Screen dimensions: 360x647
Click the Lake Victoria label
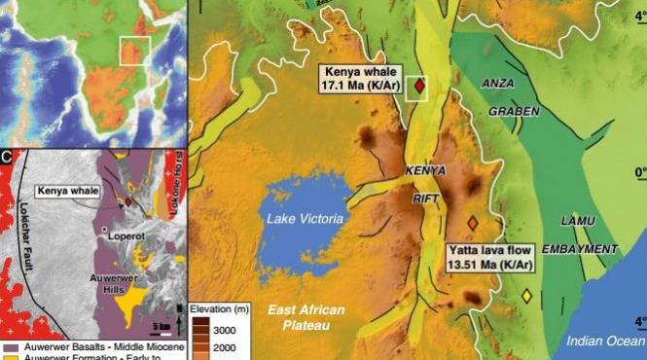coord(306,220)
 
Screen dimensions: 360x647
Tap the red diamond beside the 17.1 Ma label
coord(419,87)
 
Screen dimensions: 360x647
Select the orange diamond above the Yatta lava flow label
coord(473,223)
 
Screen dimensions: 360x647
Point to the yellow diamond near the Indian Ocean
coord(526,296)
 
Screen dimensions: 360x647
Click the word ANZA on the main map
coord(497,84)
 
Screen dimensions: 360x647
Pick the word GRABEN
coord(513,111)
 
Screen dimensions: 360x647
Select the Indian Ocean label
coord(605,340)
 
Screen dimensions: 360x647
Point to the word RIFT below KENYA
coord(423,193)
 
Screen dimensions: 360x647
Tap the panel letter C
coord(8,155)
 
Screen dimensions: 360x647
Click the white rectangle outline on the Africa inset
coord(135,51)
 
